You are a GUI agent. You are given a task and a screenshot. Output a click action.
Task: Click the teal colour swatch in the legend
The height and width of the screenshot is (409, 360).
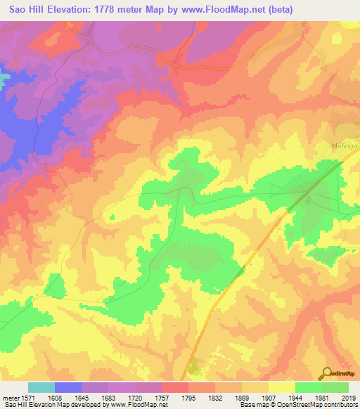click(x=41, y=387)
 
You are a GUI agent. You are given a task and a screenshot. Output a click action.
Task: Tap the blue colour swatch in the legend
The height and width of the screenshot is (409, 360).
click(x=68, y=387)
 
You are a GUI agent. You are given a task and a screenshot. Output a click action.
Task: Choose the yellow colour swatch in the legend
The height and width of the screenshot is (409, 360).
click(x=282, y=387)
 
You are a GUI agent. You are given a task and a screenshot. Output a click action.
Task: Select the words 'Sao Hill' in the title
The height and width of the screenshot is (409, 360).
click(x=27, y=10)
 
